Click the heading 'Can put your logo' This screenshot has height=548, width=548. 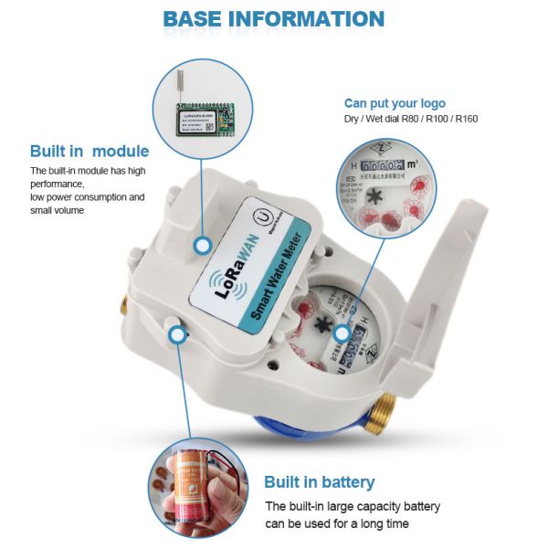pyautogui.click(x=395, y=102)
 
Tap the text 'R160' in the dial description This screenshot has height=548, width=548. pyautogui.click(x=466, y=119)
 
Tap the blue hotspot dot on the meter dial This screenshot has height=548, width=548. pyautogui.click(x=342, y=333)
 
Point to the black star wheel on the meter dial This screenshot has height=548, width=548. pyautogui.click(x=321, y=325)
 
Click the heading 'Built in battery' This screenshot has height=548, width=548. pyautogui.click(x=320, y=482)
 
